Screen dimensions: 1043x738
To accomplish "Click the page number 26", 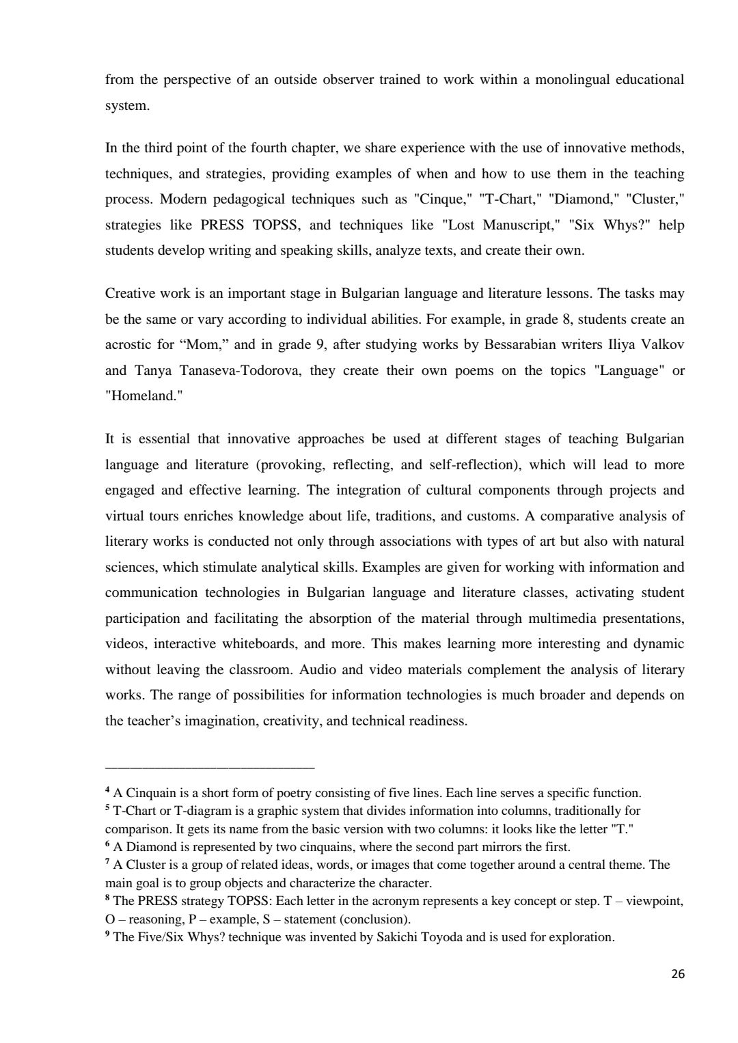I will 677,975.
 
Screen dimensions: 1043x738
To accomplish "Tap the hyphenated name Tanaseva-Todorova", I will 222,371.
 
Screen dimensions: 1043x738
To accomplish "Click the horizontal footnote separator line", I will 210,768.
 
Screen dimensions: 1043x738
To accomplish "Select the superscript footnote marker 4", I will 107,791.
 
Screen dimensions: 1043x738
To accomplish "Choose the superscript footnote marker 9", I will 107,934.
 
